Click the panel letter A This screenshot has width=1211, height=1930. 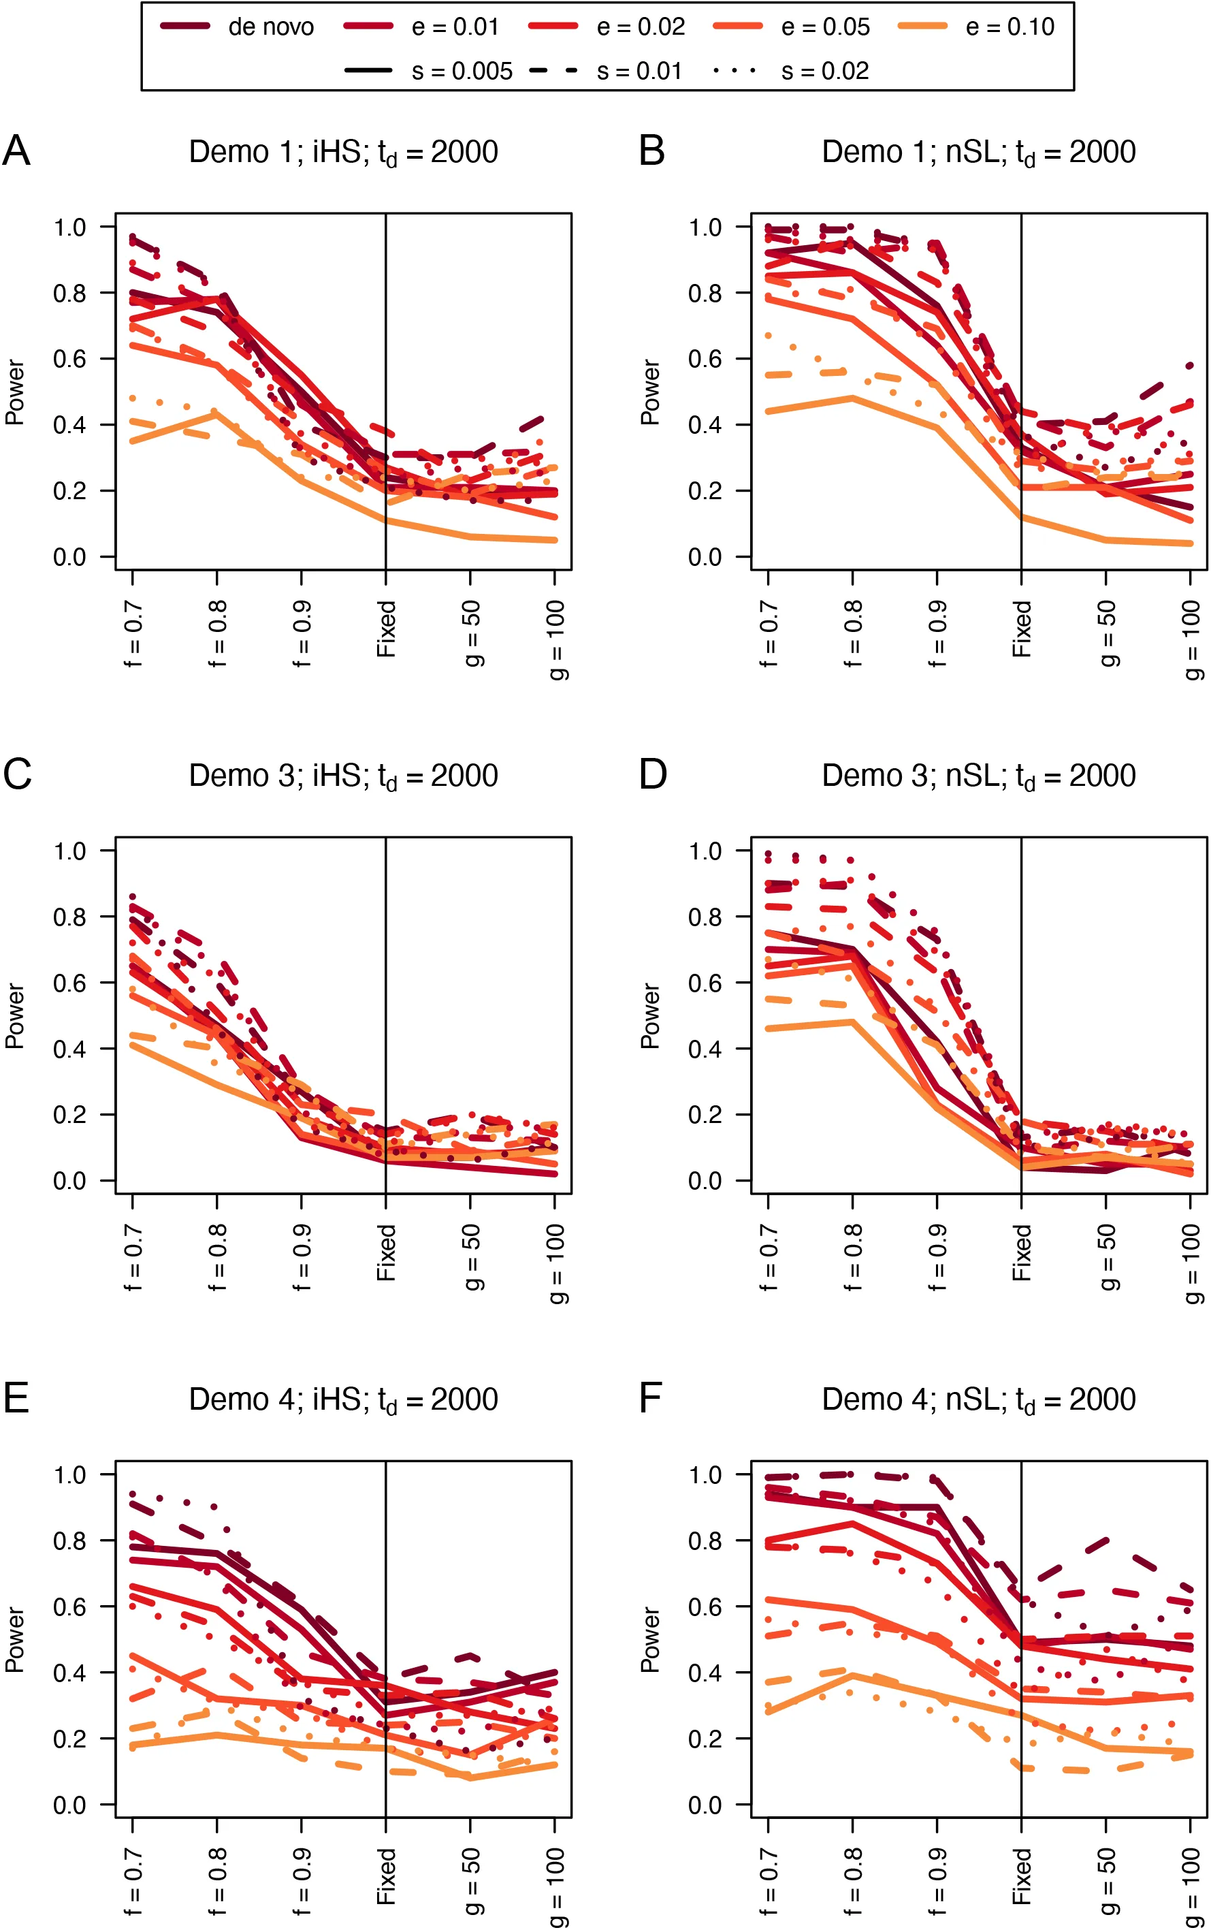[x=16, y=151]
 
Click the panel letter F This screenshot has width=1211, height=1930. [x=650, y=1399]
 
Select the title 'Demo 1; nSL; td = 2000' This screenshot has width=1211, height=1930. [x=979, y=153]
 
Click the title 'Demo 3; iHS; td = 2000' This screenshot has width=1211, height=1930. [x=344, y=776]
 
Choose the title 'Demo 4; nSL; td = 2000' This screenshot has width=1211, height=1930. [x=979, y=1399]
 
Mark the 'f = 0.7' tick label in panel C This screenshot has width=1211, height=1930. [x=133, y=1257]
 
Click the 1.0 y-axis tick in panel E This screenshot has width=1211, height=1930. [x=69, y=1474]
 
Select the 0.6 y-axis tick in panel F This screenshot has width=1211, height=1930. [x=704, y=1607]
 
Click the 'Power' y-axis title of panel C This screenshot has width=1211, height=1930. [x=15, y=1016]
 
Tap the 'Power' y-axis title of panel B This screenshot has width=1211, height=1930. [x=650, y=392]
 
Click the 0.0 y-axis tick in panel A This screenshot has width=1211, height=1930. [x=69, y=557]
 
